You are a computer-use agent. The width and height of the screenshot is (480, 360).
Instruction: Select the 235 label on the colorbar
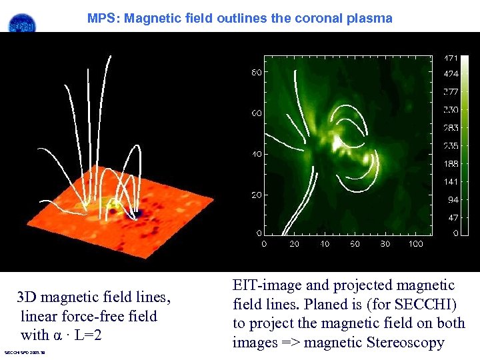[x=451, y=146]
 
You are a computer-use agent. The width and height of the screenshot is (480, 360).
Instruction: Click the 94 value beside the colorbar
[x=452, y=199]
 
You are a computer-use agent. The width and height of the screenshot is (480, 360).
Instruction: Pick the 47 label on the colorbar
[x=452, y=217]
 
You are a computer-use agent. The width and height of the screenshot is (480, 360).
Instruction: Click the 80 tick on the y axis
[x=256, y=73]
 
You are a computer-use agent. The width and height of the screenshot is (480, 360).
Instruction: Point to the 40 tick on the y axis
[x=256, y=155]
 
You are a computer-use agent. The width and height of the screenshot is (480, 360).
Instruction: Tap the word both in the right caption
[x=449, y=323]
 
